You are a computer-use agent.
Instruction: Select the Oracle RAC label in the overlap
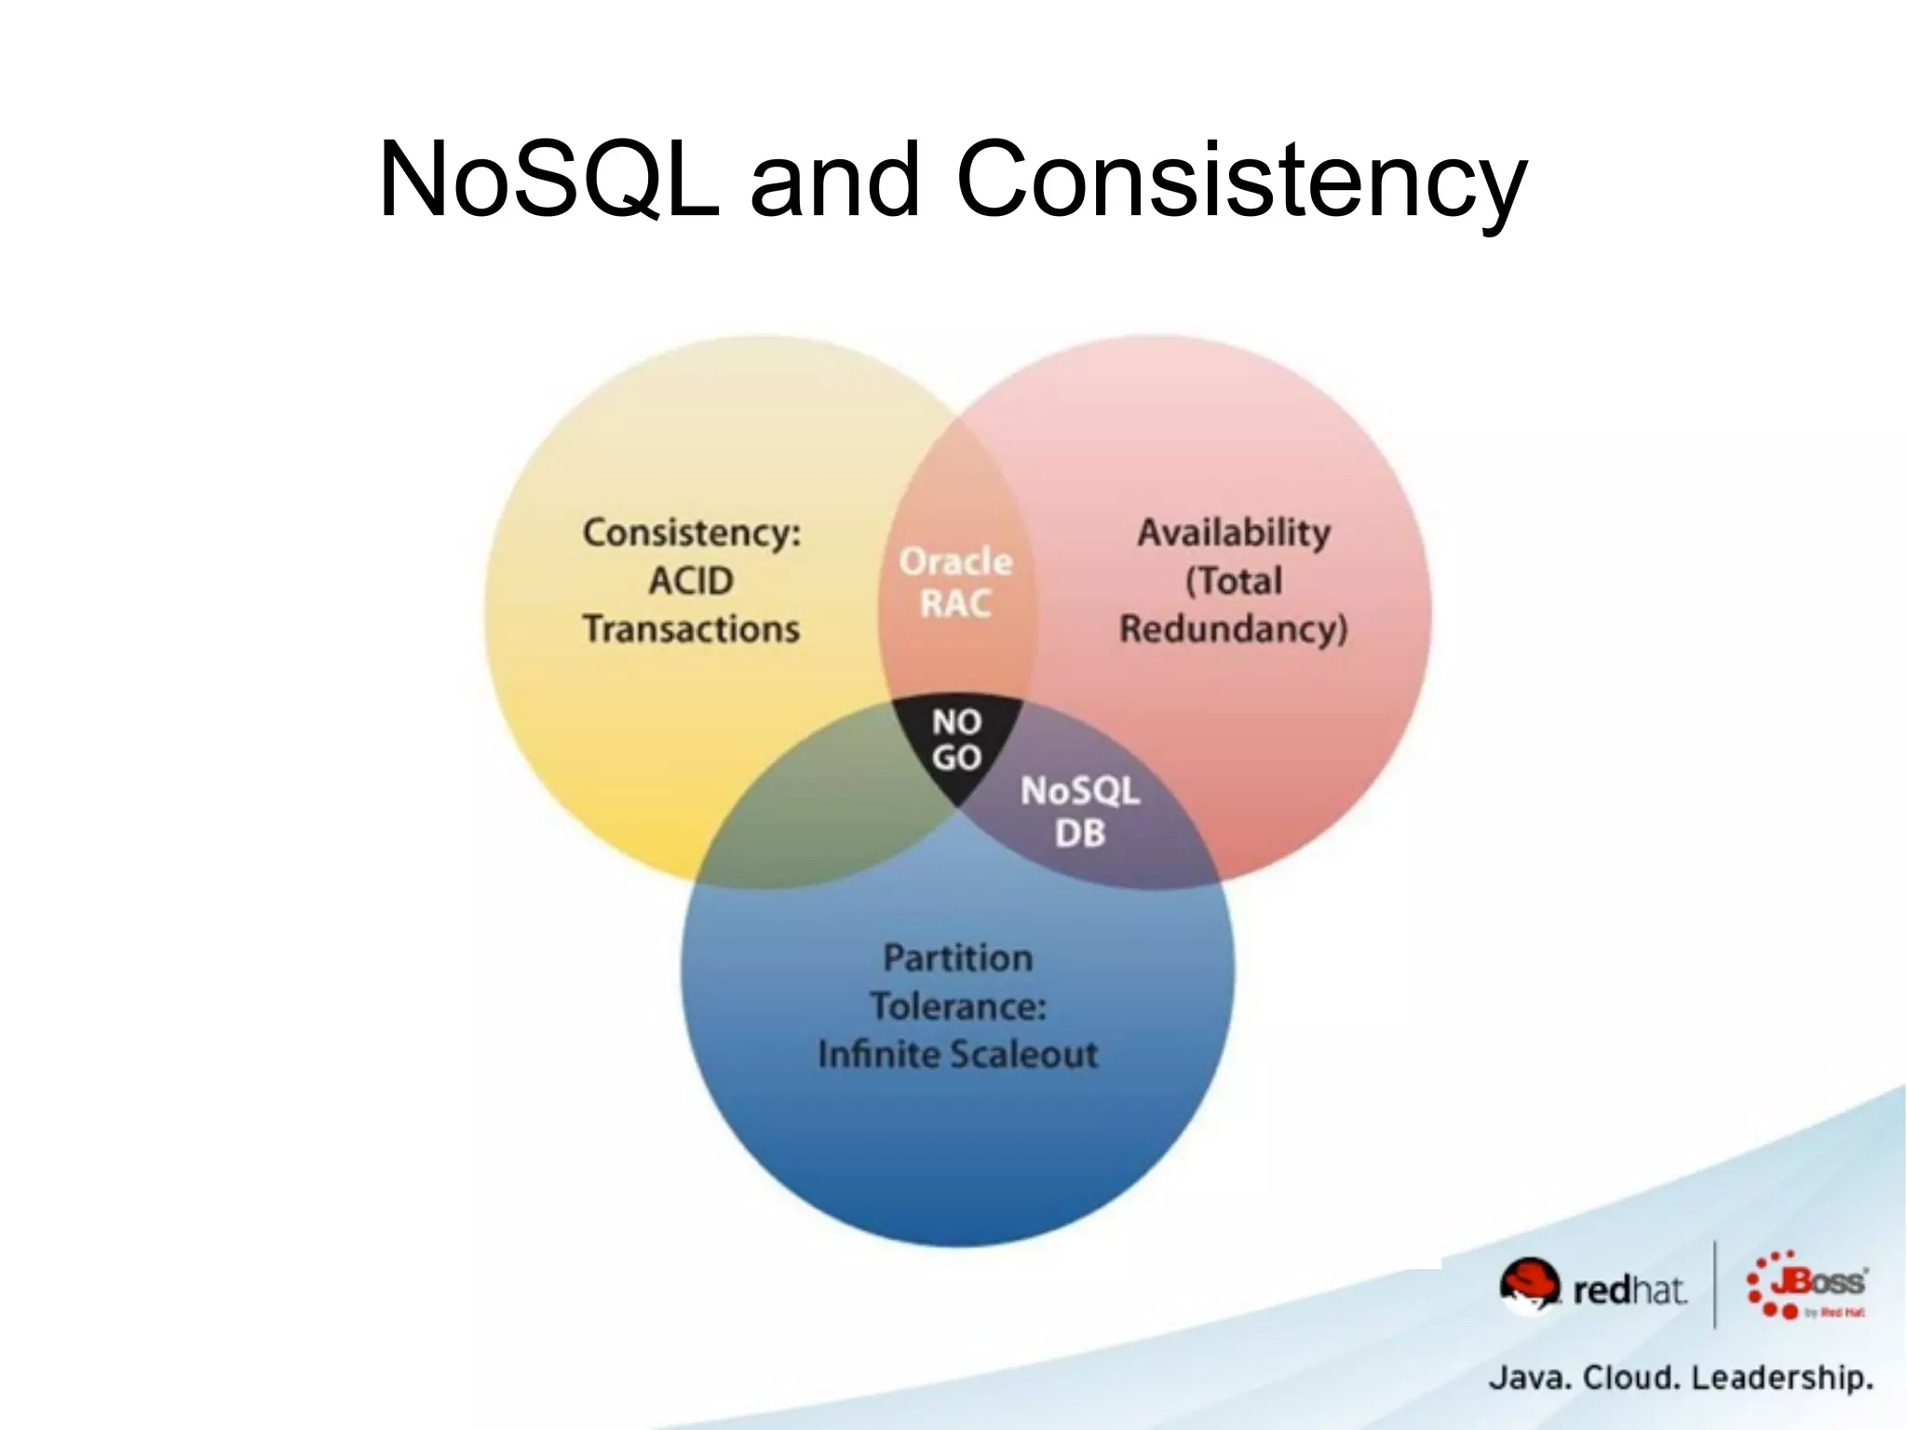pos(955,583)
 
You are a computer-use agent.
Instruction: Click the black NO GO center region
pos(957,741)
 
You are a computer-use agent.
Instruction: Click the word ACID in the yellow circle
pos(691,581)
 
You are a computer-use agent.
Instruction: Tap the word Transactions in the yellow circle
pos(691,629)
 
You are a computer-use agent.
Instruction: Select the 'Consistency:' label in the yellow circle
pos(691,533)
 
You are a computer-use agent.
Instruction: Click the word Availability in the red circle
pos(1234,533)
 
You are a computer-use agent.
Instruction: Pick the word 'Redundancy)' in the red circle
pos(1234,629)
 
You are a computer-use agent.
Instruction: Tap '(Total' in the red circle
pos(1234,581)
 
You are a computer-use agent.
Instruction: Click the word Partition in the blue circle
pos(957,958)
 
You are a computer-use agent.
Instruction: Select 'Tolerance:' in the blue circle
pos(957,1006)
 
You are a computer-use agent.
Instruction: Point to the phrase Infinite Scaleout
pos(957,1055)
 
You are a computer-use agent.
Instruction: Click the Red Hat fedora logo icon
pos(1529,1286)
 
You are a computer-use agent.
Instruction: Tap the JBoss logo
pos(1806,1286)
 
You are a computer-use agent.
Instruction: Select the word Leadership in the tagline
pos(1781,1377)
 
